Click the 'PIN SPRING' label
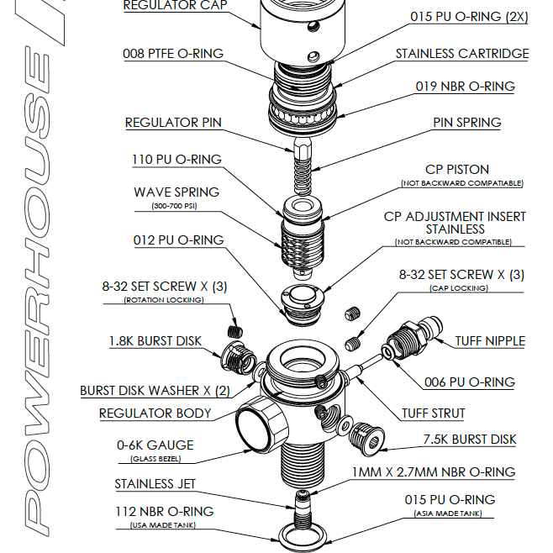(x=466, y=123)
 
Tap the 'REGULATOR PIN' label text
(x=173, y=123)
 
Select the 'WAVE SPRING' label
(x=176, y=192)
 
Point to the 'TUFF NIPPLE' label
(x=490, y=341)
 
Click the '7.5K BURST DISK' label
(x=469, y=440)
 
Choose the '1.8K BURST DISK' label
(x=155, y=341)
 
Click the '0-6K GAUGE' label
(x=155, y=445)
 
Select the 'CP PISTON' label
(x=457, y=170)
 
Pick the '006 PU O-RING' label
(x=469, y=382)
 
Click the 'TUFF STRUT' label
(x=433, y=413)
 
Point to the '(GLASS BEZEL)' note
(x=155, y=459)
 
